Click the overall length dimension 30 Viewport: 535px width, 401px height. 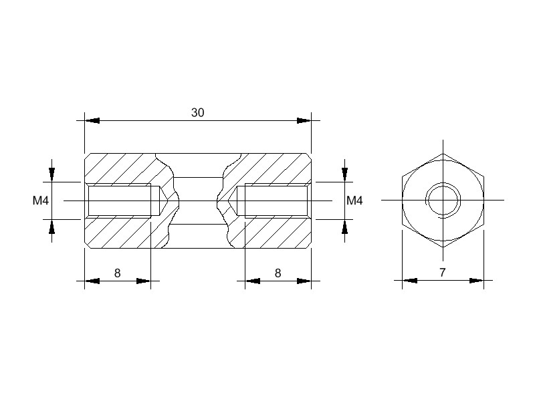(197, 112)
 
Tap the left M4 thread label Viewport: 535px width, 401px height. (41, 200)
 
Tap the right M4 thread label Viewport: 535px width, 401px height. (354, 200)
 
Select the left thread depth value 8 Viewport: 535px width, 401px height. (118, 273)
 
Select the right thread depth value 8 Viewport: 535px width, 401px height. (278, 273)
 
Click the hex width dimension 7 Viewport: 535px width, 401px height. (443, 273)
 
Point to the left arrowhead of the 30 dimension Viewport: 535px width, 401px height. (92, 121)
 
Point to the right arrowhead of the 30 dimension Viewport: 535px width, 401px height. (304, 121)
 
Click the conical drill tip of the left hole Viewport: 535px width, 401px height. (164, 200)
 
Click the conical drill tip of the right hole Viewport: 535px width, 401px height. (232, 200)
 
